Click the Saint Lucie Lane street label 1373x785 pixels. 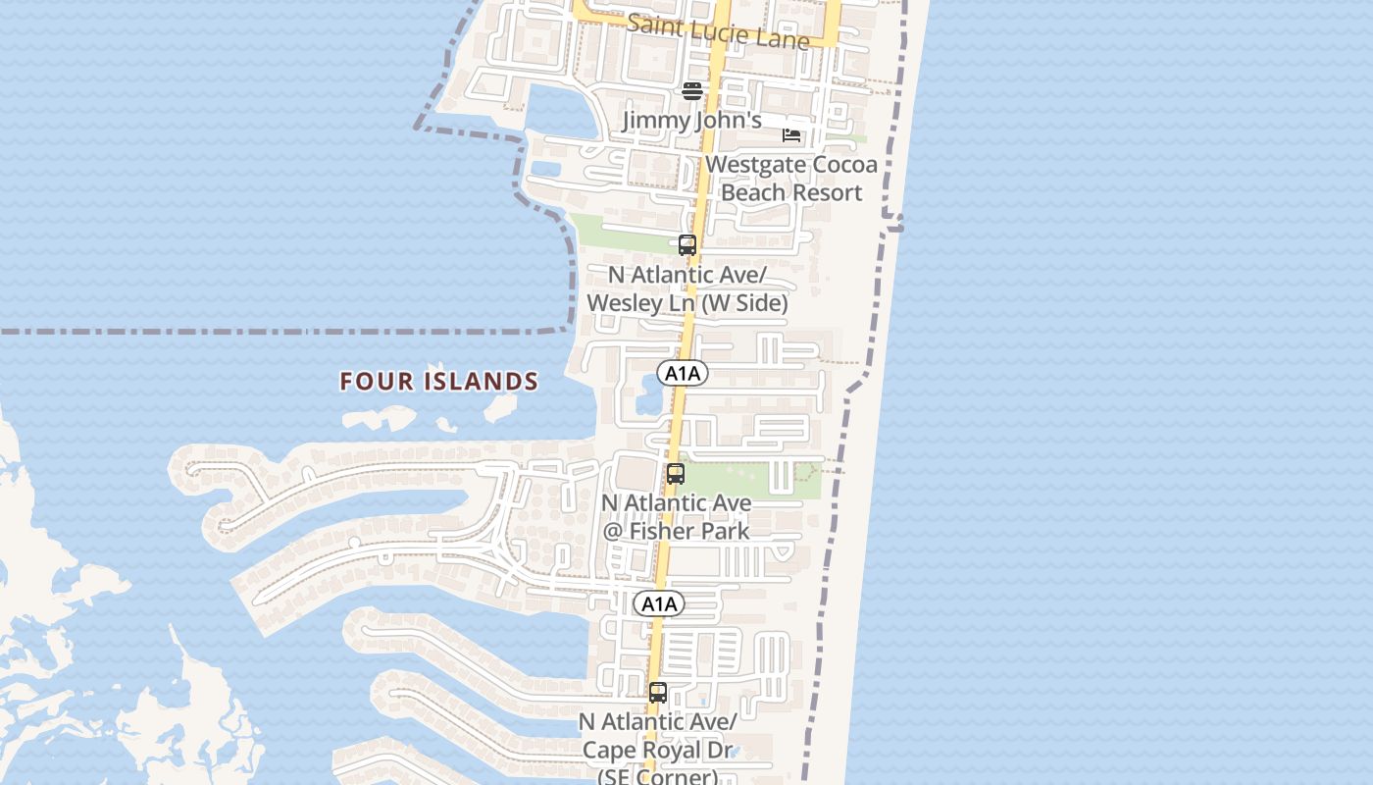pyautogui.click(x=718, y=30)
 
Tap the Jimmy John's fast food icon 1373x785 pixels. pyautogui.click(x=692, y=91)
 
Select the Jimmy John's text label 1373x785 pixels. pyautogui.click(x=692, y=121)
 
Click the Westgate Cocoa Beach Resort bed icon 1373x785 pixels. pyautogui.click(x=791, y=135)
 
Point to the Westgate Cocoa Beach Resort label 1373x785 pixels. pyautogui.click(x=790, y=178)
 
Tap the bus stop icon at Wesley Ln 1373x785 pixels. pyautogui.click(x=687, y=245)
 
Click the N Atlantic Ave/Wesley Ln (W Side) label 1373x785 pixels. pyautogui.click(x=686, y=288)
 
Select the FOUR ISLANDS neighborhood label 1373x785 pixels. pyautogui.click(x=439, y=381)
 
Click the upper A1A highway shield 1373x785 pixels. pyautogui.click(x=683, y=373)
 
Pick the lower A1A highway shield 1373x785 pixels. pyautogui.click(x=658, y=603)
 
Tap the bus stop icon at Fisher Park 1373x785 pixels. pyautogui.click(x=675, y=475)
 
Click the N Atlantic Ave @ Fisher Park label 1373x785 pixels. pyautogui.click(x=676, y=516)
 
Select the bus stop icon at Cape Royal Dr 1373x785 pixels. pyautogui.click(x=657, y=693)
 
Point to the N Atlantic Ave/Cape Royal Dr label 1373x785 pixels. pyautogui.click(x=657, y=750)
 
